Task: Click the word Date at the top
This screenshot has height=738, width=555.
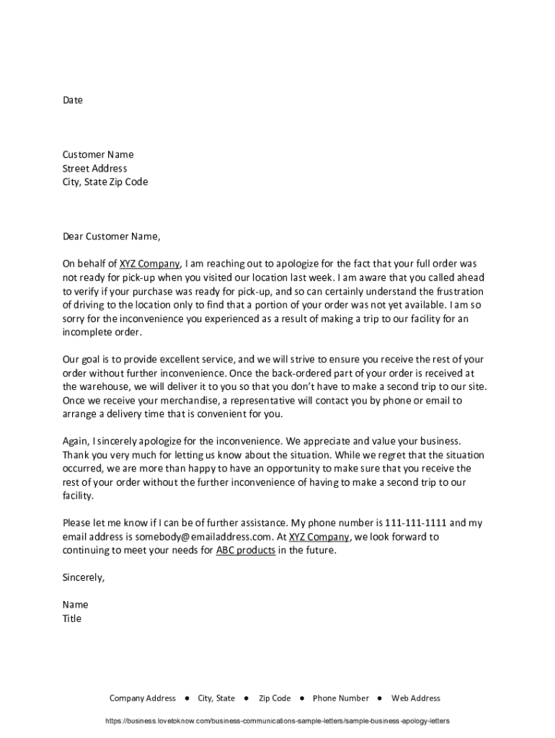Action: click(x=73, y=100)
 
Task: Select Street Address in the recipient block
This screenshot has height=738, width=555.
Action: click(x=94, y=169)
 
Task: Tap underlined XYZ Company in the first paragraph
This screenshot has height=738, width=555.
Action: click(x=149, y=264)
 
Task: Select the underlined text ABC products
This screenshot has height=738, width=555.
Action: click(x=245, y=551)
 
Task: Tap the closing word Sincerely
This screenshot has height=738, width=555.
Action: click(x=84, y=577)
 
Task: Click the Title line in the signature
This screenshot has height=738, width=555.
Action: click(x=72, y=618)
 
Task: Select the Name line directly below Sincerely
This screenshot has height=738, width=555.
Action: click(x=76, y=605)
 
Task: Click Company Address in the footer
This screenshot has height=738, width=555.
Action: click(x=142, y=698)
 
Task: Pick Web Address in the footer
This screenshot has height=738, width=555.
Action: click(x=415, y=698)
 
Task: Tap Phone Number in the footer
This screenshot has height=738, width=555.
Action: click(x=340, y=698)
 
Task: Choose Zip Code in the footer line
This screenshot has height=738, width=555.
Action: click(x=275, y=698)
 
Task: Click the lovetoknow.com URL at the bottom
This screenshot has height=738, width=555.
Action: click(x=277, y=721)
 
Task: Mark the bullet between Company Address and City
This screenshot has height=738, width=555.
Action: click(x=187, y=698)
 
